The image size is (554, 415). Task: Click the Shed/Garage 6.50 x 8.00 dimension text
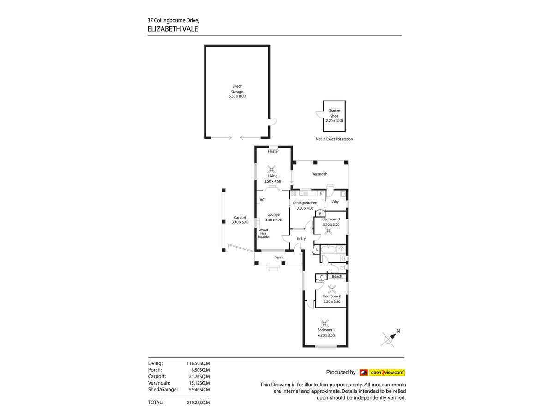(237, 96)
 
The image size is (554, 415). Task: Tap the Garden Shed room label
(334, 113)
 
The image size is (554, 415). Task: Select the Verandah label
(319, 174)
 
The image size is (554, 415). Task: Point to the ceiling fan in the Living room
(271, 169)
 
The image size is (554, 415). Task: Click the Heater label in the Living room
(273, 151)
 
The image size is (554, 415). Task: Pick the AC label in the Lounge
(262, 200)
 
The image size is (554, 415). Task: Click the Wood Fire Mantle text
(263, 233)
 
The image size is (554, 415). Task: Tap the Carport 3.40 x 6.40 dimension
(240, 222)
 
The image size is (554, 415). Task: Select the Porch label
(279, 258)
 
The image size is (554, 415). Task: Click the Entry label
(301, 238)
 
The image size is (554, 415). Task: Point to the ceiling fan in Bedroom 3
(328, 231)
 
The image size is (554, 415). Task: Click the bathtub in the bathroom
(328, 249)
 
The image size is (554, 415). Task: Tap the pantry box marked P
(320, 213)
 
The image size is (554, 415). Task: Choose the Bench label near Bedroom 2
(337, 276)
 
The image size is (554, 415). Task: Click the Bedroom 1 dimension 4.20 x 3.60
(326, 335)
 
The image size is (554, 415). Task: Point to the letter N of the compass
(398, 331)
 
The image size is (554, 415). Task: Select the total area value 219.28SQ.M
(198, 403)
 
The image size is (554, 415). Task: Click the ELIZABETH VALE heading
(173, 29)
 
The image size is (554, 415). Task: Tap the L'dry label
(335, 202)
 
